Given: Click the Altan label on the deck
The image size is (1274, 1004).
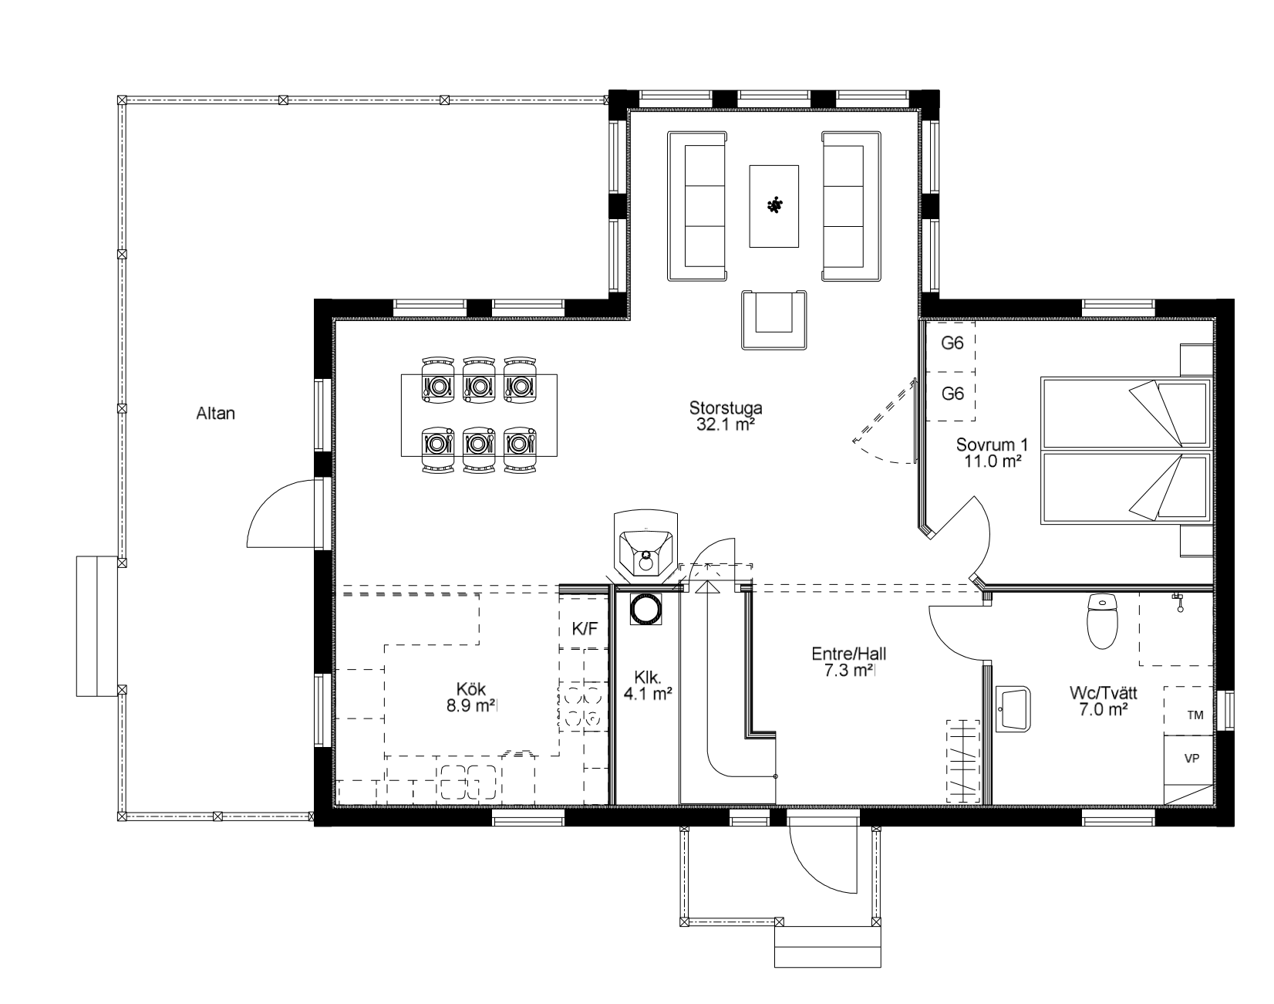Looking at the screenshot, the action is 216,414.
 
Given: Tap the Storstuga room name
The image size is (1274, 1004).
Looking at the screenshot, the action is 720,408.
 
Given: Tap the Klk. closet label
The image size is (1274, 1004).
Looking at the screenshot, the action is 648,678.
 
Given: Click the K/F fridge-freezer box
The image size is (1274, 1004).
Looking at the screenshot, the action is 585,629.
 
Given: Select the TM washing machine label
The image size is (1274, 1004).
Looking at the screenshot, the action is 1195,715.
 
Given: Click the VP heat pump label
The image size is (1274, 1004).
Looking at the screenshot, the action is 1191,759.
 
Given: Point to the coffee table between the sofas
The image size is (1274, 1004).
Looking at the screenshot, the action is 774,206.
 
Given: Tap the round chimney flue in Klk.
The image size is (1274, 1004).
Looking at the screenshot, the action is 645,610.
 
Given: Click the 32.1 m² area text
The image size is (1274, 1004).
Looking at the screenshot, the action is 720,424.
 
